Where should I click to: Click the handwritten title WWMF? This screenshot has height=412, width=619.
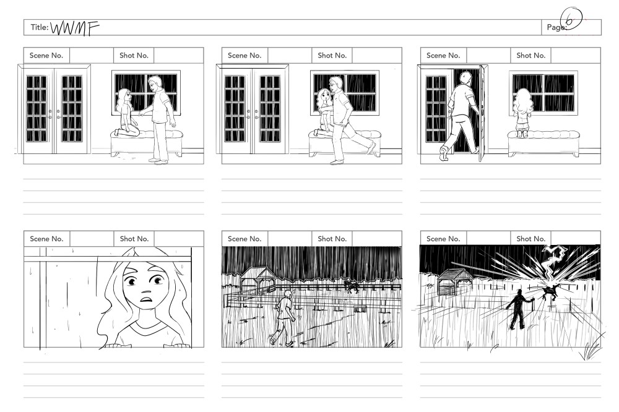pos(75,28)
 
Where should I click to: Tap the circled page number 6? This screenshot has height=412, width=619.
pos(571,19)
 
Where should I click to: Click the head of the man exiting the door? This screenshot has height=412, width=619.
pos(466,78)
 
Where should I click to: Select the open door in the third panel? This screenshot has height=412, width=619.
pos(482,113)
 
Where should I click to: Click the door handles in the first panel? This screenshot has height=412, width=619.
pos(54,114)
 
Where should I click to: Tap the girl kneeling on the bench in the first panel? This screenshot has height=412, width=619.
pos(127,113)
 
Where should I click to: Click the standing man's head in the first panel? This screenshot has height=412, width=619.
pos(155,83)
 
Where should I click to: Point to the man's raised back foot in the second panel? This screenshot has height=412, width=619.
pos(371,148)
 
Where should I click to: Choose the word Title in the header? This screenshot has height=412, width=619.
pos(40,27)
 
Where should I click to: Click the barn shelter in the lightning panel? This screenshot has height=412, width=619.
pos(455,281)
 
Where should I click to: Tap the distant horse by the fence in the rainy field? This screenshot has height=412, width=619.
pos(351,286)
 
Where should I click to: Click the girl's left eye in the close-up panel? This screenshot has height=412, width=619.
pos(158,281)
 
